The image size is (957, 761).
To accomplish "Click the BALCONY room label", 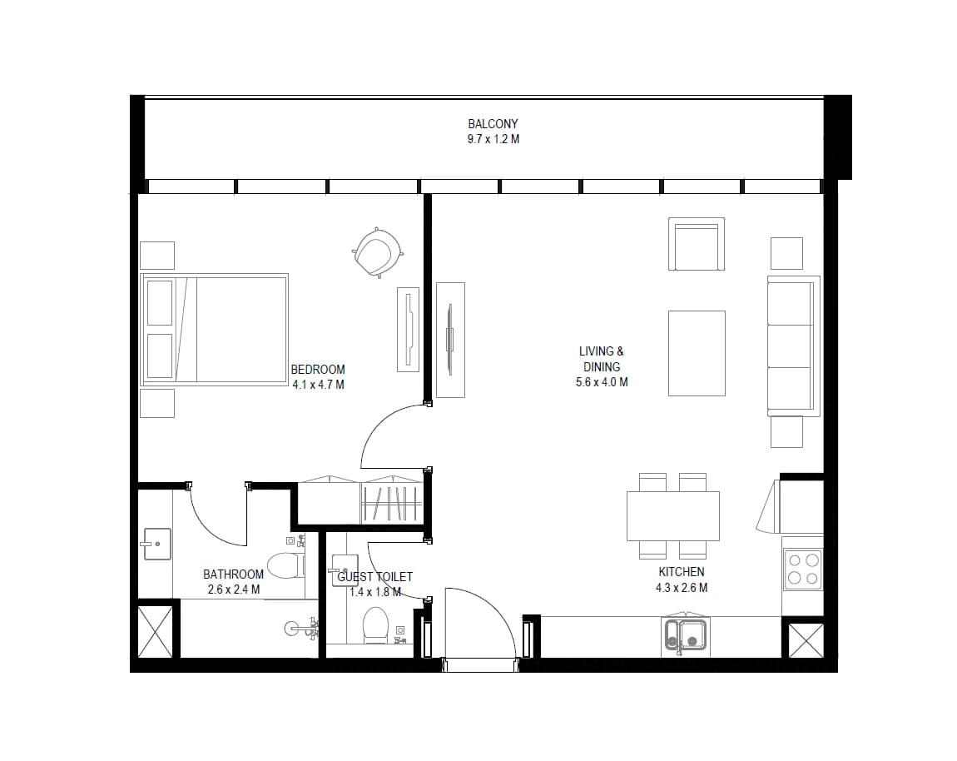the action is point(493,123).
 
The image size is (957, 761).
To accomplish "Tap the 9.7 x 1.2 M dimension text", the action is point(493,139).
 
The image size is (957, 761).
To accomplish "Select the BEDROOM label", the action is point(317,370).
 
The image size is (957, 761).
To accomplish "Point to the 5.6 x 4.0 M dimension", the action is point(601,382).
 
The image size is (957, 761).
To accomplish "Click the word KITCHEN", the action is point(681,572).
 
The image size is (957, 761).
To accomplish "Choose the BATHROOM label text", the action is point(233,574).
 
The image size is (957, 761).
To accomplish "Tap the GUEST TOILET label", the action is point(374,576).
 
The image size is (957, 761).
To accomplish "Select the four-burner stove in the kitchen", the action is point(802,570).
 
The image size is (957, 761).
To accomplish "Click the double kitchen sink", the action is point(686,635).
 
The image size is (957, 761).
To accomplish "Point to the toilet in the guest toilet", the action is point(375,624).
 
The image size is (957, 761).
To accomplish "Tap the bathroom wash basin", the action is point(156,544).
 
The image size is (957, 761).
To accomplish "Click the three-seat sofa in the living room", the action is point(793,346).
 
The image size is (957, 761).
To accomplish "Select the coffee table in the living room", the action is point(697,353).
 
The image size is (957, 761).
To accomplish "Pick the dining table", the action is point(672,516).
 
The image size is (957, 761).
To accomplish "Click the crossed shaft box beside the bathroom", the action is point(155,631).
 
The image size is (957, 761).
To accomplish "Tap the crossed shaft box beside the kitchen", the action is point(806,640).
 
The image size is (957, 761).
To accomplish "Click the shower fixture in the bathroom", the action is point(302,627).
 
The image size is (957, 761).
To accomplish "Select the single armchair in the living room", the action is point(697,244).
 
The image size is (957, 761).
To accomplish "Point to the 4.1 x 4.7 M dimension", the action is point(318,385).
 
